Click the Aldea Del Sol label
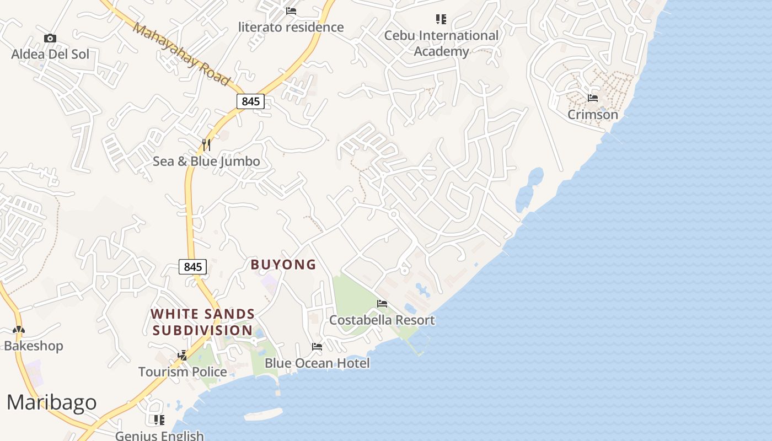50,54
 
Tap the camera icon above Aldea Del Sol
50,38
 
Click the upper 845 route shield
250,101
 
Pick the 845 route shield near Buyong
192,267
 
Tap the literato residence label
291,27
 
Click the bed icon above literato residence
291,11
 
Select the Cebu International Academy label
441,44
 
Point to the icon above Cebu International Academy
441,19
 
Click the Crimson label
593,115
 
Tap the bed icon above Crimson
593,98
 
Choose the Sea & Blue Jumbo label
206,162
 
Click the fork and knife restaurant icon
206,145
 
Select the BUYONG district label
283,265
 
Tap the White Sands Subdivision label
203,322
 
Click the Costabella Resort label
382,320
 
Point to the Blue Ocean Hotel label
317,363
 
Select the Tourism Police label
183,372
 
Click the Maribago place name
51,402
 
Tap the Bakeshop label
34,346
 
